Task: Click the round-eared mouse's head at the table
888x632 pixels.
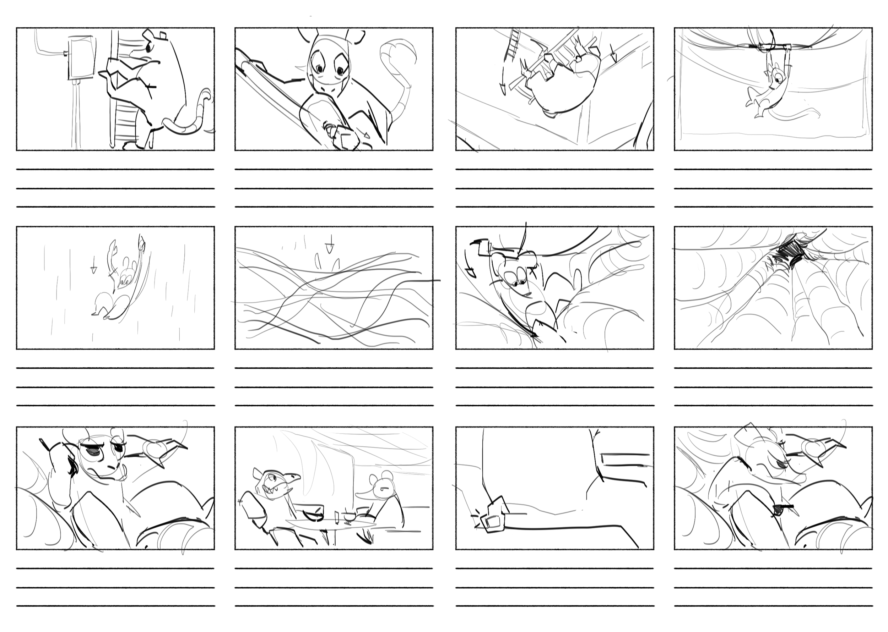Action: (383, 486)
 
